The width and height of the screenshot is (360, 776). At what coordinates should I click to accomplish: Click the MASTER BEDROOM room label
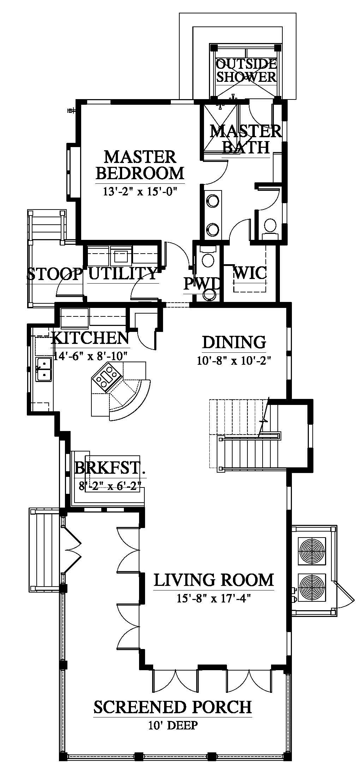click(140, 165)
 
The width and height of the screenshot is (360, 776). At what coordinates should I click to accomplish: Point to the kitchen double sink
click(44, 369)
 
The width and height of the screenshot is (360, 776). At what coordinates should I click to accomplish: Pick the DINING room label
click(234, 342)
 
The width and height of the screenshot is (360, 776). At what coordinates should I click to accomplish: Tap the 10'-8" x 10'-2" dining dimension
click(234, 361)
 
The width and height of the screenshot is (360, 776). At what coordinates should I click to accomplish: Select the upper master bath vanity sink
click(212, 201)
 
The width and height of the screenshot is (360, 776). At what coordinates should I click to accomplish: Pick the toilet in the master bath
click(270, 227)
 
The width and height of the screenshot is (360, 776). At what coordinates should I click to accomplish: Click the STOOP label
click(54, 273)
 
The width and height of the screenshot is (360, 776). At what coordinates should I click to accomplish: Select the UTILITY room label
click(122, 273)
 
